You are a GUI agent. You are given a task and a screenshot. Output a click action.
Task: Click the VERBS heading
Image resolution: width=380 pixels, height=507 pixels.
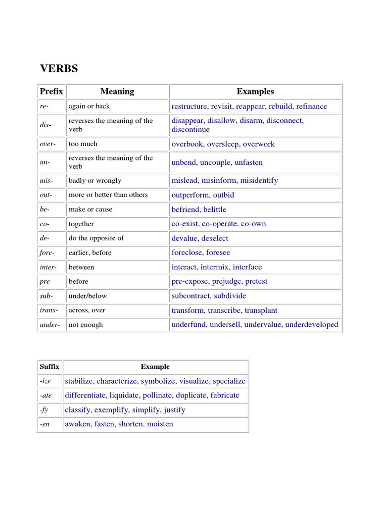point(59,69)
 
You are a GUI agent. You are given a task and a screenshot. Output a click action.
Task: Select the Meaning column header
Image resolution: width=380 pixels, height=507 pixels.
point(117,92)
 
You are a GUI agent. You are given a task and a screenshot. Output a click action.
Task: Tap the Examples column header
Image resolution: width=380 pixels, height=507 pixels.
point(255,92)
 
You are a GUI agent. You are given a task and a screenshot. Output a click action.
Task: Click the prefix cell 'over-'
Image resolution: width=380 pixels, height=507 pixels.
point(47,144)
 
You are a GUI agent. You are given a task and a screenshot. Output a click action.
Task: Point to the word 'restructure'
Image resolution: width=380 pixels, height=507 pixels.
point(190,106)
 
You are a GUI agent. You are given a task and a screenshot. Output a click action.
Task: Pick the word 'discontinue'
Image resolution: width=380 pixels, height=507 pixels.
point(190,130)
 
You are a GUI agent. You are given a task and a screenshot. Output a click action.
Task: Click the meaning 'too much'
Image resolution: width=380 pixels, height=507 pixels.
point(83,144)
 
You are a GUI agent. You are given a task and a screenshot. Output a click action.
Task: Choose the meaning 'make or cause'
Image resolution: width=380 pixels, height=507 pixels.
point(91,209)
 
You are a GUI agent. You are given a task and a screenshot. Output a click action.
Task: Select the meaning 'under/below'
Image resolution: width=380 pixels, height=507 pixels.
point(88,296)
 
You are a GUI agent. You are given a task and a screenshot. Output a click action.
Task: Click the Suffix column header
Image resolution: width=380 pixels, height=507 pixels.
point(49,367)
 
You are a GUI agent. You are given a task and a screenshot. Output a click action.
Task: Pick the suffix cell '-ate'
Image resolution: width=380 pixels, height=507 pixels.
point(46,396)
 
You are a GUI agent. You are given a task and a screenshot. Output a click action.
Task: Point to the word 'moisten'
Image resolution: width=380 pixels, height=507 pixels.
point(160,424)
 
